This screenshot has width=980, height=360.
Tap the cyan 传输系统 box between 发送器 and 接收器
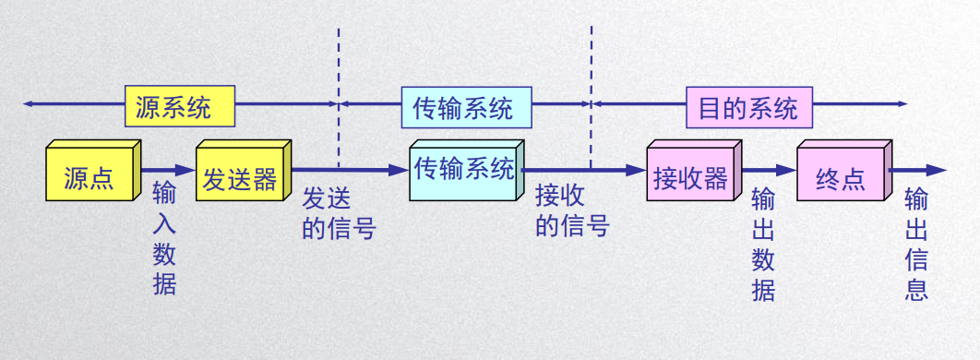(x=463, y=172)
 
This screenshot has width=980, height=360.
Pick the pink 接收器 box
(x=690, y=174)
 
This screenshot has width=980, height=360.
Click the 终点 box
(x=840, y=174)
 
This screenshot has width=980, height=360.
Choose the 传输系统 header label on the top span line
(x=466, y=107)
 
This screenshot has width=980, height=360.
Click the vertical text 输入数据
(x=164, y=238)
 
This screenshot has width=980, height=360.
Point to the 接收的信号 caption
(x=572, y=211)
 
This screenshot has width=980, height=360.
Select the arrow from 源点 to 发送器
(x=168, y=171)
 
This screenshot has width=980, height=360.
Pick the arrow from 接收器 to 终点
(x=770, y=171)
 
